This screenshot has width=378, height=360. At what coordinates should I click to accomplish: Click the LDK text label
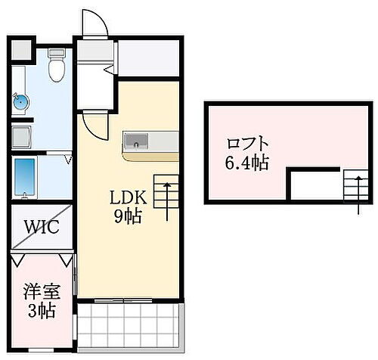point(126,198)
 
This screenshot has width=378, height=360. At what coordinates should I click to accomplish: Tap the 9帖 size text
point(126,215)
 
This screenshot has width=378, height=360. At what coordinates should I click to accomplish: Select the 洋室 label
point(37,291)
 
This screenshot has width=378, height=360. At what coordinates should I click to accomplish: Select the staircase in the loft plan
point(353,188)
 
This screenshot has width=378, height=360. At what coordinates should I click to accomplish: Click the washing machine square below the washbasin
point(23,138)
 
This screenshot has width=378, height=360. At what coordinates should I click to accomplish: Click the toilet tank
point(56,55)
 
